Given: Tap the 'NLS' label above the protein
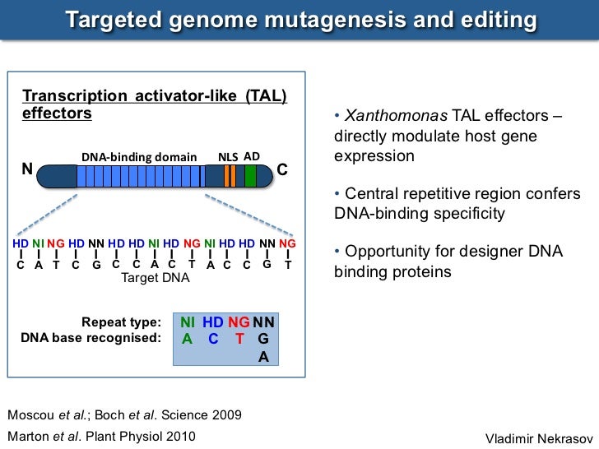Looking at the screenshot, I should pyautogui.click(x=228, y=156).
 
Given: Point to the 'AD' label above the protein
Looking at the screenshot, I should pyautogui.click(x=252, y=155).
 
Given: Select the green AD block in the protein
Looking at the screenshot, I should pyautogui.click(x=250, y=176).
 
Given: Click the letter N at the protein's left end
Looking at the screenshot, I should pyautogui.click(x=26, y=170).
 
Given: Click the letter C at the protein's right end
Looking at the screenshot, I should pyautogui.click(x=282, y=170).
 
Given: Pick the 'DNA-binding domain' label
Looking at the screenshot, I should pyautogui.click(x=139, y=157).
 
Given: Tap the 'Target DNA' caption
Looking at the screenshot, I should pyautogui.click(x=156, y=279).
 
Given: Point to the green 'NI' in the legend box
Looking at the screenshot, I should pyautogui.click(x=188, y=322).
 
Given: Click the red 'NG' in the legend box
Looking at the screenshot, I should pyautogui.click(x=239, y=322).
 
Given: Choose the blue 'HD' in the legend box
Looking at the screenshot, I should pyautogui.click(x=213, y=322).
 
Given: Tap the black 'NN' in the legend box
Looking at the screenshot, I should pyautogui.click(x=264, y=322).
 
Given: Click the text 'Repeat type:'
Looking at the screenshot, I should pyautogui.click(x=121, y=322).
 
